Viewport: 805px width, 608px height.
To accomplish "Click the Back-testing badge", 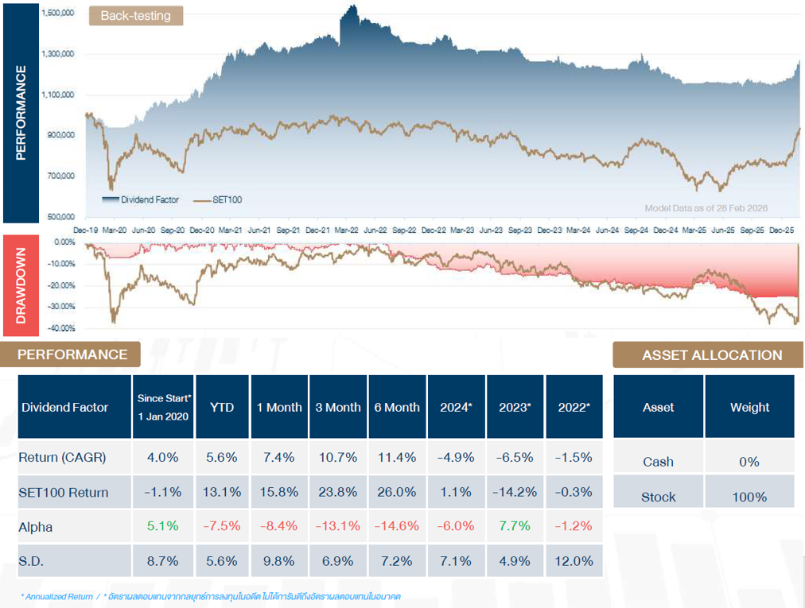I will (135, 15).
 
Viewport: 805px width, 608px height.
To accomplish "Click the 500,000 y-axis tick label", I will (59, 216).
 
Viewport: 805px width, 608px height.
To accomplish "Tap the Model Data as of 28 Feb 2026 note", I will (706, 208).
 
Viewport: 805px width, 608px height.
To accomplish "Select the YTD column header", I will (222, 407).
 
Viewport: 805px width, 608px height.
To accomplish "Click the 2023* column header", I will (515, 407).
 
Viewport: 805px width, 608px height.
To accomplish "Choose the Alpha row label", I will (37, 526).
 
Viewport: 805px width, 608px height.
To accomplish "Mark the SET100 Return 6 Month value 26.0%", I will (397, 492).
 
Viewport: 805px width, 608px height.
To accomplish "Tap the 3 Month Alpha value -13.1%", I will (338, 526).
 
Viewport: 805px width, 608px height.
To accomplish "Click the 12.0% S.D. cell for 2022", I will (574, 561).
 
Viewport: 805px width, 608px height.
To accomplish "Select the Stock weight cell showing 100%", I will (749, 497).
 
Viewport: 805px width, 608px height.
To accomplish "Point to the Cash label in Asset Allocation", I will (658, 462).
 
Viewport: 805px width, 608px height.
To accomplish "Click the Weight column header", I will (749, 407).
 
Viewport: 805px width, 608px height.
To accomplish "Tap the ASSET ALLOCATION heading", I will (712, 355).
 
